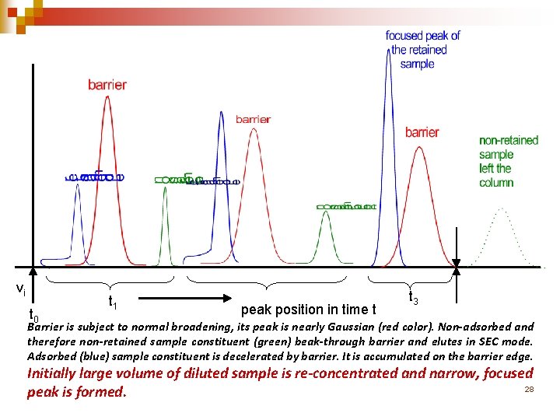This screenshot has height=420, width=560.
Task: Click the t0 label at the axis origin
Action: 33,316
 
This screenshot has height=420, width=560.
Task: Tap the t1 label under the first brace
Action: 113,301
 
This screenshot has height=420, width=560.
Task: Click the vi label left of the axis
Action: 21,289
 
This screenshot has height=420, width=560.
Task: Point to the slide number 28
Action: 529,388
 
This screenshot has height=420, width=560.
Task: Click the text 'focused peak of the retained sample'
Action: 422,49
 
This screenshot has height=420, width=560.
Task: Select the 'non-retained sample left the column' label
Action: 508,162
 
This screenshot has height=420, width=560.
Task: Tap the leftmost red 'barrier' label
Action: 107,85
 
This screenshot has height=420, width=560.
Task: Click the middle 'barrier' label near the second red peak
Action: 253,119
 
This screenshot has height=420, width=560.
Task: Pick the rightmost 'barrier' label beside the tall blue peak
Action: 422,132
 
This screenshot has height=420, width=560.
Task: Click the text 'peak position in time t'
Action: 310,310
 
